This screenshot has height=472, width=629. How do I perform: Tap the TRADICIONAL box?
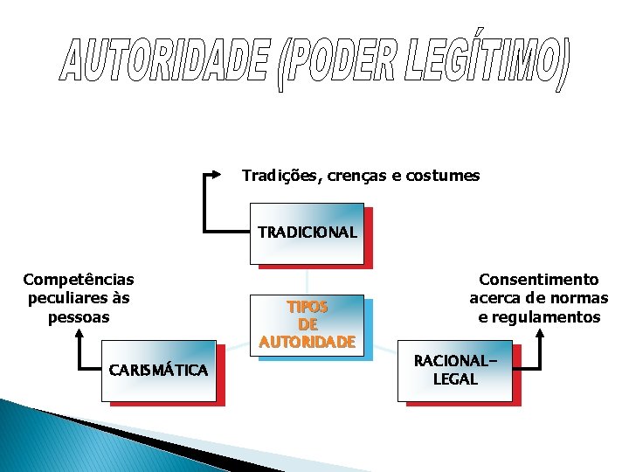pyautogui.click(x=307, y=233)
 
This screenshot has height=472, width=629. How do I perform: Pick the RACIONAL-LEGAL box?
pyautogui.click(x=455, y=371)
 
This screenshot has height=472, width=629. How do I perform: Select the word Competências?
pyautogui.click(x=79, y=280)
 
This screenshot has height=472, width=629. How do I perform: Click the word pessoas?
pyautogui.click(x=79, y=316)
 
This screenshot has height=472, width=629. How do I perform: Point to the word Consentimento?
pyautogui.click(x=539, y=280)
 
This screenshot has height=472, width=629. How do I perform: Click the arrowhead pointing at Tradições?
pyautogui.click(x=218, y=175)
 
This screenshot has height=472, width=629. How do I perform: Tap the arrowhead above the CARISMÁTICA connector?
pyautogui.click(x=79, y=333)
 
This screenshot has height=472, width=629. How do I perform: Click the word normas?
pyautogui.click(x=576, y=298)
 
